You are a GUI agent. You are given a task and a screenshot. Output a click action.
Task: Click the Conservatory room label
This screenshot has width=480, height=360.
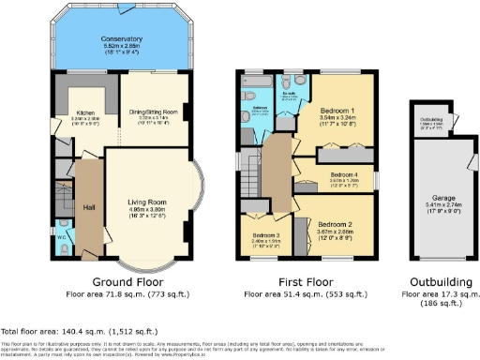(x=121, y=38)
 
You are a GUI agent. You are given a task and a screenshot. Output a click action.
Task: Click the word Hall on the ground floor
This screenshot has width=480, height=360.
(x=89, y=208)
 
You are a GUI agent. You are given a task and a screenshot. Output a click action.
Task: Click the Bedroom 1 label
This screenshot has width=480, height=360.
(x=336, y=110)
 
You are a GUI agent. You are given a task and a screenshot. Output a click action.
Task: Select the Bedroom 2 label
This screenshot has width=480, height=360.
(x=333, y=224)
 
